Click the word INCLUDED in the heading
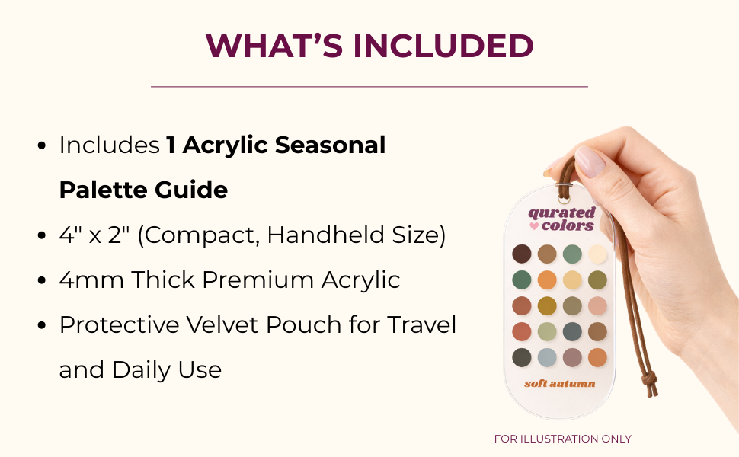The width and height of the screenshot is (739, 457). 443,46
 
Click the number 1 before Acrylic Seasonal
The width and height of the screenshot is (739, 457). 171,145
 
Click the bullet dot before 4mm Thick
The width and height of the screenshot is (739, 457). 43,280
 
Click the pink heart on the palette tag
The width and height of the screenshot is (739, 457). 533,226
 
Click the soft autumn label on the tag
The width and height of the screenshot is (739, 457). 559,383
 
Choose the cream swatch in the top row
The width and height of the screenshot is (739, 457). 597,254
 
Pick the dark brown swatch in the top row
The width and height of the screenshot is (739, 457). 522,254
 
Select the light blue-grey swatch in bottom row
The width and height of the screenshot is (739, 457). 547,357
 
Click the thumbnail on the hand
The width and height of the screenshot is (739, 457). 590,161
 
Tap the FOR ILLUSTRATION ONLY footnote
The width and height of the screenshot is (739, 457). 562,439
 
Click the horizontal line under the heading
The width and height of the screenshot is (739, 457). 369,87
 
